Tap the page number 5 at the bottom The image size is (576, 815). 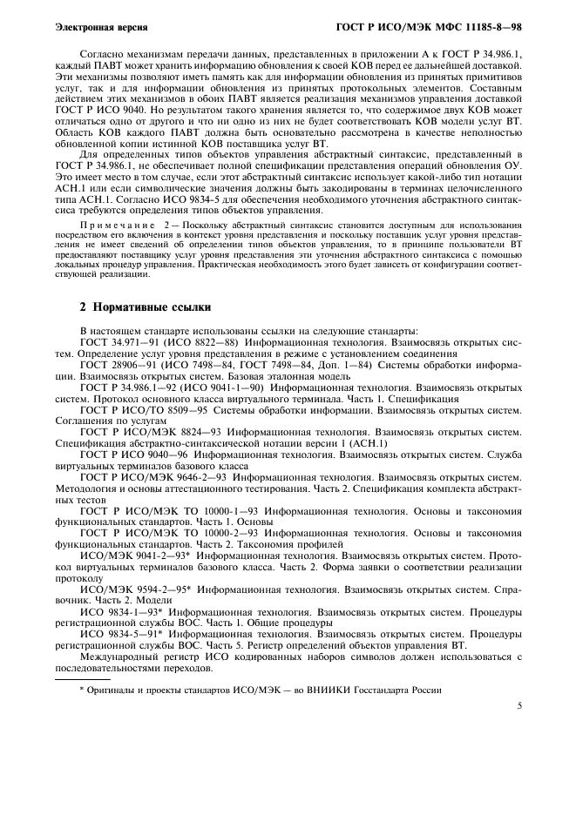click(x=518, y=706)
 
